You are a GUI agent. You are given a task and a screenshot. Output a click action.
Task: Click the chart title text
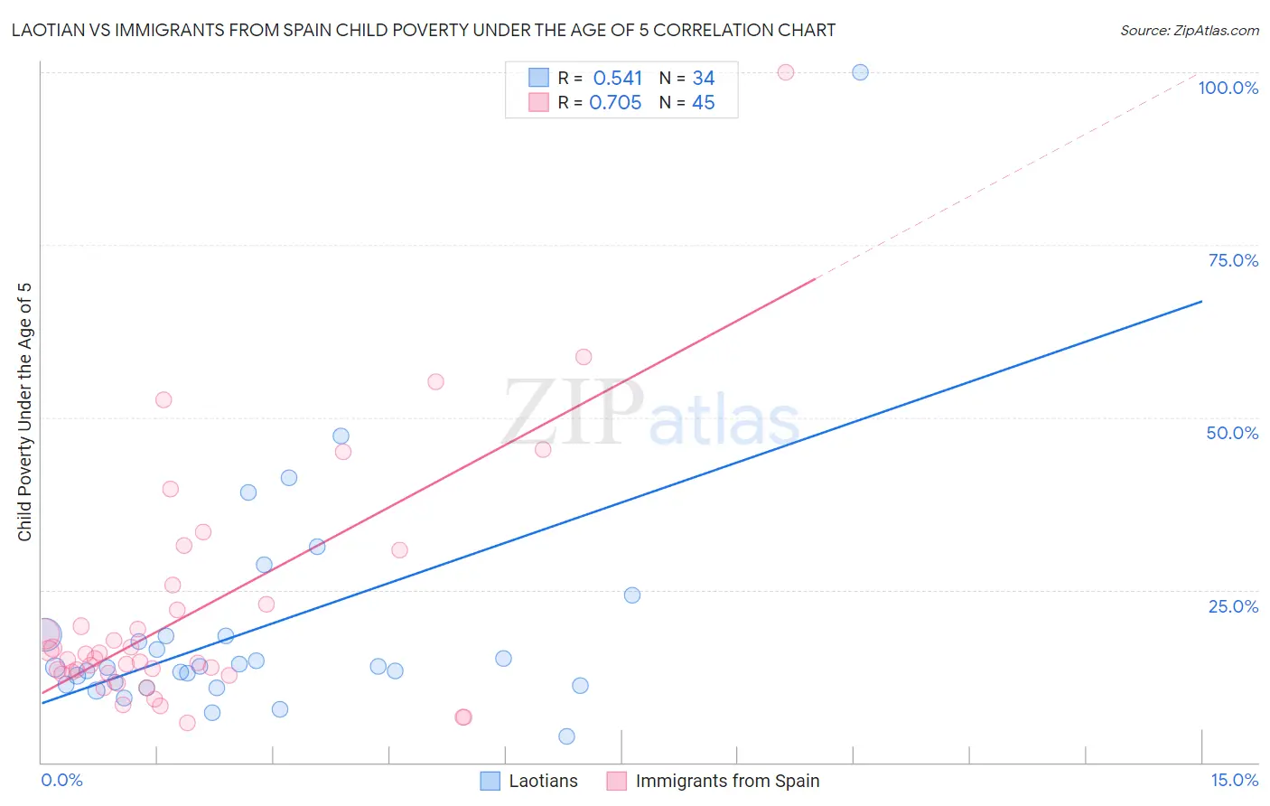(x=424, y=30)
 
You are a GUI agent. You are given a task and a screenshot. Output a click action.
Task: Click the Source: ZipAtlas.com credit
(x=1189, y=31)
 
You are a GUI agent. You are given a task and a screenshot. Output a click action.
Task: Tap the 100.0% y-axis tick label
(x=1228, y=88)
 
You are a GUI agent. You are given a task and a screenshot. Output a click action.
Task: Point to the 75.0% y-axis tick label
(x=1233, y=260)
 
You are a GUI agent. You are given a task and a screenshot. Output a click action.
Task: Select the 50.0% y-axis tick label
(x=1232, y=433)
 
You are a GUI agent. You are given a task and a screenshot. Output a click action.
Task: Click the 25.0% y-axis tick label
(x=1233, y=605)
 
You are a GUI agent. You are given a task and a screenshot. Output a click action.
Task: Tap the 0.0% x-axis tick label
(x=61, y=780)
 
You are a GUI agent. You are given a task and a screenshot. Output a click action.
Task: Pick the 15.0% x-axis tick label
(x=1234, y=780)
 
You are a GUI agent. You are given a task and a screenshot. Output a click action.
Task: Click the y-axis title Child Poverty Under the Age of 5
(x=24, y=411)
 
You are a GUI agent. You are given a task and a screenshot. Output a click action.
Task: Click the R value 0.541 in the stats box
(x=618, y=79)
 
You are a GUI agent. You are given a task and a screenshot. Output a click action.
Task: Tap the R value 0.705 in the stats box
(x=615, y=103)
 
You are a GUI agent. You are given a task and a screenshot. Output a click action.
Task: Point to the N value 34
(x=704, y=79)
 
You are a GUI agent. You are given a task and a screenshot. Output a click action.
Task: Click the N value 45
(x=704, y=103)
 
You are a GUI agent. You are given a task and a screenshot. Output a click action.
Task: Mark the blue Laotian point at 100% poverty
(x=860, y=72)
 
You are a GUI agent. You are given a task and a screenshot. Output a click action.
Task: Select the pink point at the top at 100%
(x=786, y=72)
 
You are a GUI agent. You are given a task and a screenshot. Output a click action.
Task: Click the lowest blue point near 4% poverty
(x=566, y=736)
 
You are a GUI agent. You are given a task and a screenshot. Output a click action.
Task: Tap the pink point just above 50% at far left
(x=163, y=399)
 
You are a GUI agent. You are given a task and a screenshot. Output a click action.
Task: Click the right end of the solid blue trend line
(x=1201, y=301)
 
